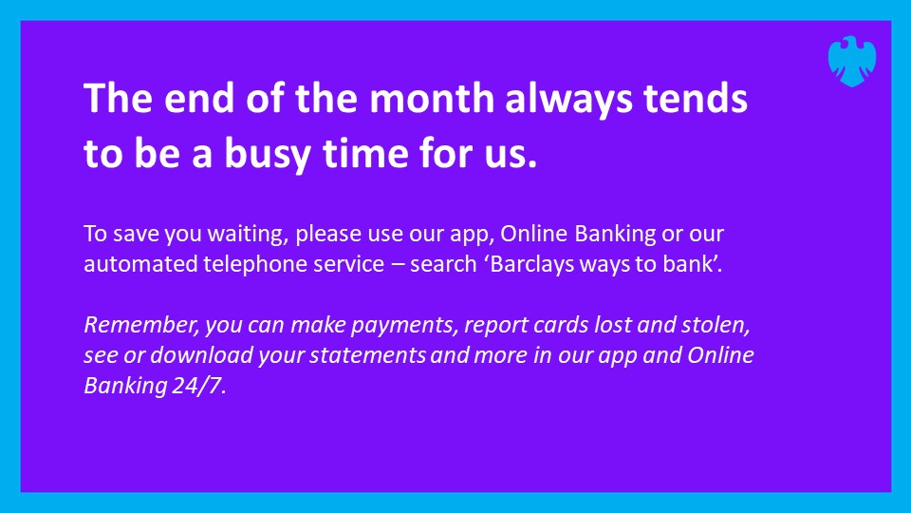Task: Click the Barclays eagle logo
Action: tap(852, 62)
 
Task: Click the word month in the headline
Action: tap(432, 98)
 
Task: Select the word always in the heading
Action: tap(568, 100)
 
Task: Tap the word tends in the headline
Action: tap(696, 98)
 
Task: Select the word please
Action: tap(328, 236)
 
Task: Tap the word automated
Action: tap(140, 264)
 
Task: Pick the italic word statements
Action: tap(368, 355)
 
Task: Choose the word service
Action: tap(348, 264)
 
